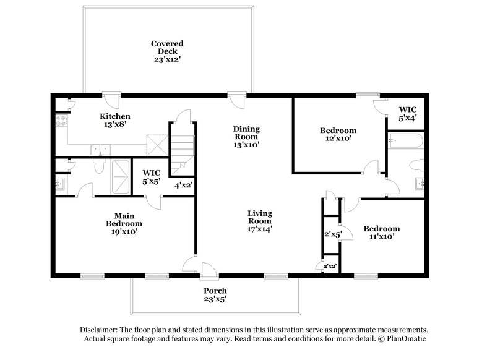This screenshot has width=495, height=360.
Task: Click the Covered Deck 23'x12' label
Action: pyautogui.click(x=167, y=51)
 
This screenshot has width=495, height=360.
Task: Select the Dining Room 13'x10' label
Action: pyautogui.click(x=246, y=137)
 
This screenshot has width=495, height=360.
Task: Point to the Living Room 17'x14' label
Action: pyautogui.click(x=260, y=221)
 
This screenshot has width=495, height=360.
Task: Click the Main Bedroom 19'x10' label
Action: pyautogui.click(x=124, y=223)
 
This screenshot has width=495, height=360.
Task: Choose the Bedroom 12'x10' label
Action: pyautogui.click(x=338, y=135)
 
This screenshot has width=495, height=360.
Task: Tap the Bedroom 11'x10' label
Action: pyautogui.click(x=381, y=232)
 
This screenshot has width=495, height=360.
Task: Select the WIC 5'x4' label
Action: pyautogui.click(x=407, y=114)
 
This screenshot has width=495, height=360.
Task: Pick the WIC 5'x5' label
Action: pyautogui.click(x=152, y=178)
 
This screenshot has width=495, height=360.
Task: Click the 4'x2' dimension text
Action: pyautogui.click(x=184, y=185)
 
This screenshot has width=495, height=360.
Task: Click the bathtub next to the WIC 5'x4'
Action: pyautogui.click(x=406, y=141)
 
